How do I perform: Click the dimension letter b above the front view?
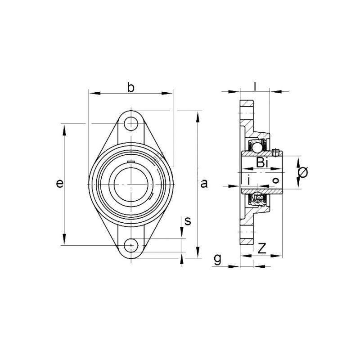(130, 87)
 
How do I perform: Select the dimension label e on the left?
(58, 184)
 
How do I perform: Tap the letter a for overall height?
(204, 184)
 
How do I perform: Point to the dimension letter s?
(188, 221)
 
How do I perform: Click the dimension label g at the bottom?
(217, 259)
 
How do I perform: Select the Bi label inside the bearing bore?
(262, 162)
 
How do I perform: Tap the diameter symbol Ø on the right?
(303, 173)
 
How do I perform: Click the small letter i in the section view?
(249, 180)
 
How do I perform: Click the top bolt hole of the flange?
(131, 123)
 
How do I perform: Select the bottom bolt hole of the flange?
(131, 245)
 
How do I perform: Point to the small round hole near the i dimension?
(275, 181)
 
